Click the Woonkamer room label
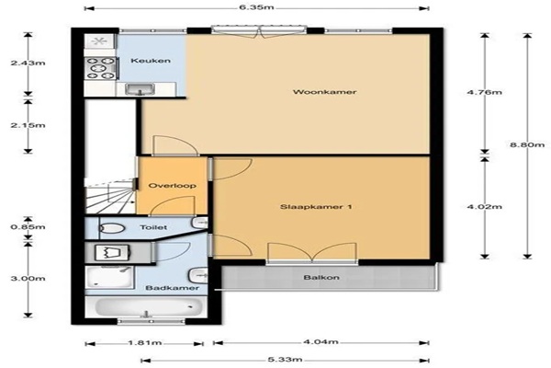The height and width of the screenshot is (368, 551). tap(325, 92)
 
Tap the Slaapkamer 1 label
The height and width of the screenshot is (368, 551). tap(316, 207)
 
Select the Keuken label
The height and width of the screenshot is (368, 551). tap(151, 61)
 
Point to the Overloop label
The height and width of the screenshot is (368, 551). tap(173, 186)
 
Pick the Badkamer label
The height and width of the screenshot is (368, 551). tap(173, 288)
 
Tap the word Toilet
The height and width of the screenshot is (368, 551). tap(153, 227)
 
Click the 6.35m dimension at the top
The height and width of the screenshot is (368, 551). tap(256, 7)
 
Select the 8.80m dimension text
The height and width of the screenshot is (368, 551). tap(527, 144)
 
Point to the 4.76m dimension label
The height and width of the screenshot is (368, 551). tap(485, 92)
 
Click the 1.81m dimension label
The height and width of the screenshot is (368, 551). tap(145, 342)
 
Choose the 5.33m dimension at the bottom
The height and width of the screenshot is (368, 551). tap(285, 360)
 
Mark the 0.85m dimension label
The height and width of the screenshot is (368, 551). tap(28, 227)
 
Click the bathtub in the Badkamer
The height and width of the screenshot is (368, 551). tap(149, 307)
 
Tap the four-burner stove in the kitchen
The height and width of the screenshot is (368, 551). tap(101, 68)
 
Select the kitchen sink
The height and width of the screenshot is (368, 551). tap(141, 89)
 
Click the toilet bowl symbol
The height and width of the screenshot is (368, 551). tap(111, 228)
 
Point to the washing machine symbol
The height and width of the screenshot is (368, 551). tap(113, 252)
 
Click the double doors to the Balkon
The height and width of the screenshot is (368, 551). tap(312, 253)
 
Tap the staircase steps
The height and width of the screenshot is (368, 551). tap(109, 197)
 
